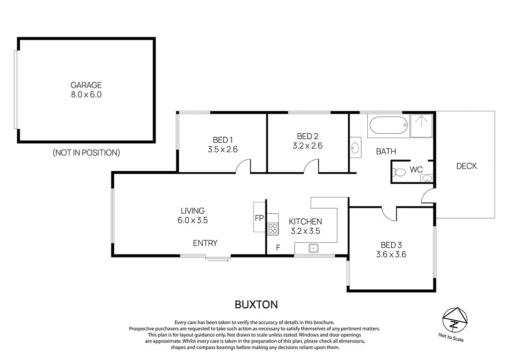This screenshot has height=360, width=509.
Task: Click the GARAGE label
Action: tap(86, 85)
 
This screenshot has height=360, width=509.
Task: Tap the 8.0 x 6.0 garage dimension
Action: tap(86, 94)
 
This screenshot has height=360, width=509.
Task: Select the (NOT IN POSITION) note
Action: tap(86, 153)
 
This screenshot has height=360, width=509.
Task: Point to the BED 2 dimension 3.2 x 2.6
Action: tap(307, 146)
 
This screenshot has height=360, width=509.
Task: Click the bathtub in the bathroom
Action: tap(388, 126)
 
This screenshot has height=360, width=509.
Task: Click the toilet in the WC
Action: tap(399, 172)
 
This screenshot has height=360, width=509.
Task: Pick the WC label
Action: tap(416, 170)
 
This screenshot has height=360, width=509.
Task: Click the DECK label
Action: tap(466, 166)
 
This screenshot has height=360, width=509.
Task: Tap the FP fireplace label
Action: tap(259, 218)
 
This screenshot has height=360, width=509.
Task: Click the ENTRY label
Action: tap(205, 243)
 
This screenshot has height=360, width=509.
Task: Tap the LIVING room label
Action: tap(192, 211)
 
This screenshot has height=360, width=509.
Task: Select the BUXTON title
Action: tap(256, 304)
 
